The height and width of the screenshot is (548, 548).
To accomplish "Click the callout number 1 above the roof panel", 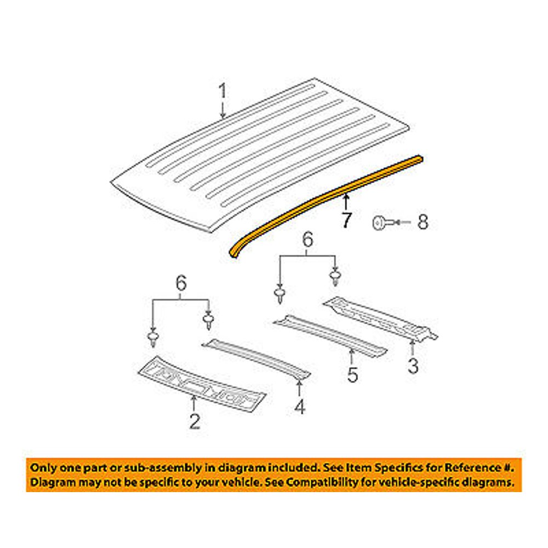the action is [x=222, y=91].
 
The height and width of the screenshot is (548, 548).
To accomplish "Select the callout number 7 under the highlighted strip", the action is [x=346, y=220].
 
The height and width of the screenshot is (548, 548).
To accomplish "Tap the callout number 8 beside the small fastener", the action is [x=423, y=222].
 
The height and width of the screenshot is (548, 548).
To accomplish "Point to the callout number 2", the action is [x=195, y=421].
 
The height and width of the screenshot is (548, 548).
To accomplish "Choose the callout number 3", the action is [x=413, y=366].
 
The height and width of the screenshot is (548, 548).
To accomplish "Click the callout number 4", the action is [x=300, y=406].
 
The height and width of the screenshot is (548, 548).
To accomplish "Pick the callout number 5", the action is [x=352, y=374].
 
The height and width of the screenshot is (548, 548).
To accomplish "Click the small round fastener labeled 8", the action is [x=380, y=222].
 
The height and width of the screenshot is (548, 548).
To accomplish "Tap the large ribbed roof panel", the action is [x=260, y=154].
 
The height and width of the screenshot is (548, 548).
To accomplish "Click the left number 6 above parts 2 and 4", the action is [x=181, y=283].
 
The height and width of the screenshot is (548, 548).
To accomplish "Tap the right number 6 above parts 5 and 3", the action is [x=307, y=240].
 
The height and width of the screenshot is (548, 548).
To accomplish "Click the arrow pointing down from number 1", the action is [x=222, y=110].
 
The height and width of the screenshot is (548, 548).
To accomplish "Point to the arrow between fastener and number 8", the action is [x=402, y=222].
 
